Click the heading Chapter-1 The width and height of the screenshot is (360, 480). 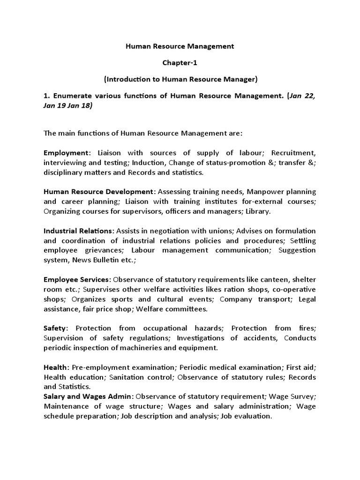tap(180, 63)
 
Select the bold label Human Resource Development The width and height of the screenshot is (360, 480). tap(98, 192)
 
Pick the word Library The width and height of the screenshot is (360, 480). tap(259, 211)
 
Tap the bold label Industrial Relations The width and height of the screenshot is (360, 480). tap(78, 231)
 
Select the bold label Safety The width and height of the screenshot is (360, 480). tap(55, 328)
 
